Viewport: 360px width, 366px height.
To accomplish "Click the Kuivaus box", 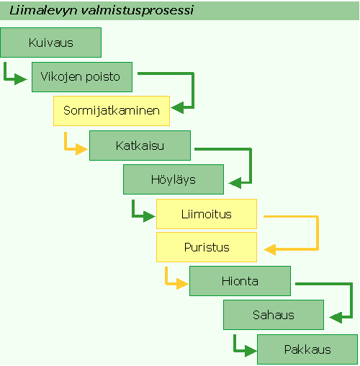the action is pos(50,43).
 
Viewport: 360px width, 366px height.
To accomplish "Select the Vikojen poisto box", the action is pos(82,77).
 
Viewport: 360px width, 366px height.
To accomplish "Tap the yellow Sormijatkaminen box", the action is pos(112,111).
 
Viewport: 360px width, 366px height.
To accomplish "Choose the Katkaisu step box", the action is pos(140,146).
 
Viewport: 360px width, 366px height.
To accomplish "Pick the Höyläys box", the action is pos(174,179).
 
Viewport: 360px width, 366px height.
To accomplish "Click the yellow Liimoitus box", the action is pos(207,214).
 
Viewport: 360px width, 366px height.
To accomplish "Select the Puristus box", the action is pos(207,247).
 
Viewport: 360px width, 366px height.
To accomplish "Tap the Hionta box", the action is pos(240,281).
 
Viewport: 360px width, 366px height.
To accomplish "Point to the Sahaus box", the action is pos(274,315).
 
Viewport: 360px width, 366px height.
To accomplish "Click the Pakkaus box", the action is pos(307,349).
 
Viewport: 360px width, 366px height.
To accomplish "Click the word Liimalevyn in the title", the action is pos(43,11).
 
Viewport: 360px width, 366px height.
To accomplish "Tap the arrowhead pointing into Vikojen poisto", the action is pos(21,79).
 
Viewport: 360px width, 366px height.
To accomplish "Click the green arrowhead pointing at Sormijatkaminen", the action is pos(177,107).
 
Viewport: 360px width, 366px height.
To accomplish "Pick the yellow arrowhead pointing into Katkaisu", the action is pos(81,149).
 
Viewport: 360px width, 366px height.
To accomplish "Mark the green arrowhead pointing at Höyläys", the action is pos(235,183).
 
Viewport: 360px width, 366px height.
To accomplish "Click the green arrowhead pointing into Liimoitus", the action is pos(149,216).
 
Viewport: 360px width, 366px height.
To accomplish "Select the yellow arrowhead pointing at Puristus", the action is pos(270,250).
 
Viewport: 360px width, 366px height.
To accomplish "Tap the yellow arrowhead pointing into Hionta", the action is pos(182,284).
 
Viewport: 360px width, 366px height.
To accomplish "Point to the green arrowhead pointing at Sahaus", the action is pos(336,318).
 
